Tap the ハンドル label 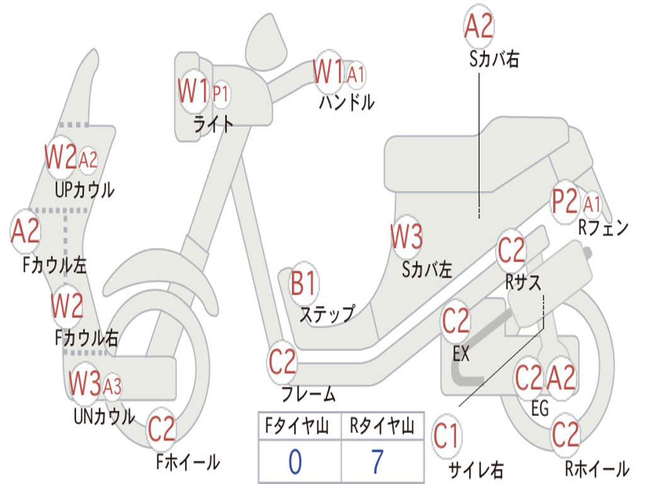point(346,101)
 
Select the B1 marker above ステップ point(304,284)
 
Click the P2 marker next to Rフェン point(564,202)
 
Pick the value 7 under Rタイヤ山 point(377,462)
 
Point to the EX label point(461,354)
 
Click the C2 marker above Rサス point(511,250)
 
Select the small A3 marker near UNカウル point(112,386)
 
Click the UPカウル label point(84,190)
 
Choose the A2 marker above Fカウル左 point(26,231)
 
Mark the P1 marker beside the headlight point(220,94)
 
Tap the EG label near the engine point(540,408)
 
